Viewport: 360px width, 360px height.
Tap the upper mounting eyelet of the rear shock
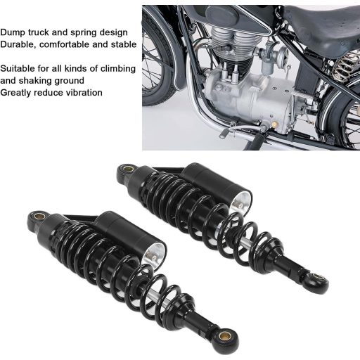point(128,169)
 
